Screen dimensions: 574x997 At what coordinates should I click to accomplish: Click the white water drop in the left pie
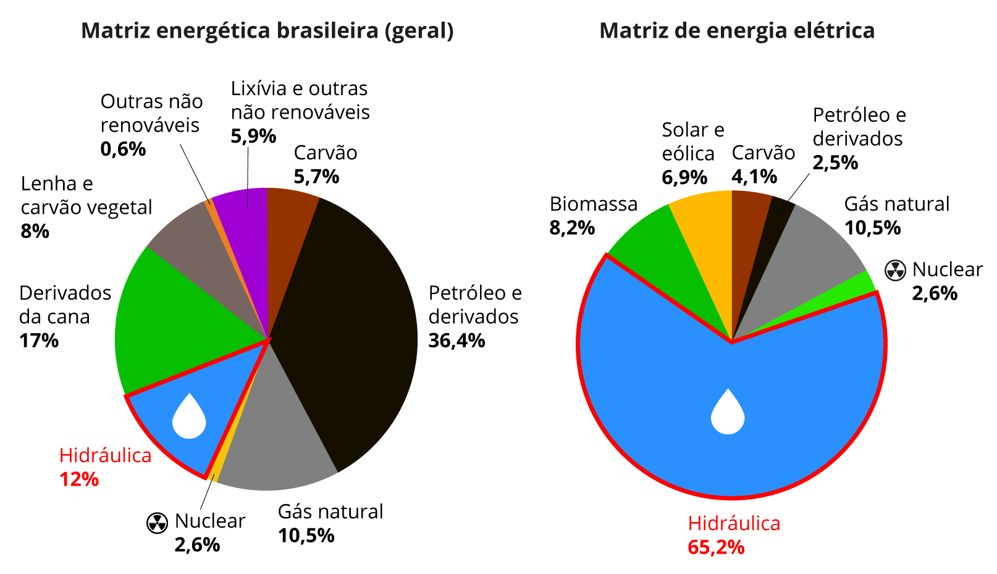click(188, 418)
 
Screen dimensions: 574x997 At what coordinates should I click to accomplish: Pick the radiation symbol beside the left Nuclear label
click(157, 523)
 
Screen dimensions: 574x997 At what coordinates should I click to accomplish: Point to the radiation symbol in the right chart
click(895, 270)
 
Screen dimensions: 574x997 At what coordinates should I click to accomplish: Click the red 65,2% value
click(716, 547)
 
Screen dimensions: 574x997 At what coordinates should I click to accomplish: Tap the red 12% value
click(79, 479)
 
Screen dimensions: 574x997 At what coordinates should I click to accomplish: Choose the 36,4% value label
click(457, 340)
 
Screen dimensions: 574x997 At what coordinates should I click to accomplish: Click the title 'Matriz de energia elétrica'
click(737, 30)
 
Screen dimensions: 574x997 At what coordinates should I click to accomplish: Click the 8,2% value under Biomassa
click(572, 228)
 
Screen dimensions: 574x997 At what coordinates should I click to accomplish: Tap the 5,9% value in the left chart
click(253, 136)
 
